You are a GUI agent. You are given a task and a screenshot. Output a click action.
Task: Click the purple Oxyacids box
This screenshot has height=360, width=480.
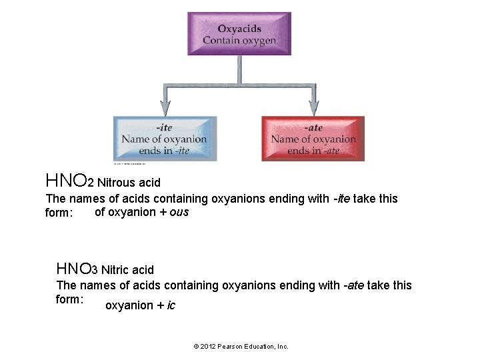239,33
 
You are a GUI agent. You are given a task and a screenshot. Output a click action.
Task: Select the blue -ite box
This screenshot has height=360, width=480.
164,139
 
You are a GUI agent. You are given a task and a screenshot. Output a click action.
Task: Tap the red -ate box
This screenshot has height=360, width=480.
313,139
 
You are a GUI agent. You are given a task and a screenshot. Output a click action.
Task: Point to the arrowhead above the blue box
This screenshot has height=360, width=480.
165,108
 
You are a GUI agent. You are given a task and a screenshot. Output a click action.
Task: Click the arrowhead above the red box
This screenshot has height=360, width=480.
313,108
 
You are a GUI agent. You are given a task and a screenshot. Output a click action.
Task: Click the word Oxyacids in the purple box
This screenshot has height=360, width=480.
239,29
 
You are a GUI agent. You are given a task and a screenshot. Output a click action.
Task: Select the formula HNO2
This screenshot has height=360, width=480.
69,181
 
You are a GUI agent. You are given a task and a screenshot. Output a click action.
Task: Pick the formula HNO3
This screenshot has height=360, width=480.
77,269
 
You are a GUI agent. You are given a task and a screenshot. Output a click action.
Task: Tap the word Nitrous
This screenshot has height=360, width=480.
118,182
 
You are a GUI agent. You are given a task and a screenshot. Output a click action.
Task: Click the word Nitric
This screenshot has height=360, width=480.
115,270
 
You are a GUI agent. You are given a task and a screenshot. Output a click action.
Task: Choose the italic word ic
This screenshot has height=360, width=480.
171,306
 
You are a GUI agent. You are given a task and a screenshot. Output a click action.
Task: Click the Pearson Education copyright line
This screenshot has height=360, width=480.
241,347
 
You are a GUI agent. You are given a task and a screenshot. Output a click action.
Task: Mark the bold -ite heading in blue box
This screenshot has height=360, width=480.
163,127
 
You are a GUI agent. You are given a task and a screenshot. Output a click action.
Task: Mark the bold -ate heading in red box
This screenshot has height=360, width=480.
313,127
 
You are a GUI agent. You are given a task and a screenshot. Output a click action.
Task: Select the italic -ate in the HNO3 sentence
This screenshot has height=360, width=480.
354,285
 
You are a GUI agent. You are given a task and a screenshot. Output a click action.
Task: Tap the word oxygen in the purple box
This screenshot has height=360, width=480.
259,41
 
